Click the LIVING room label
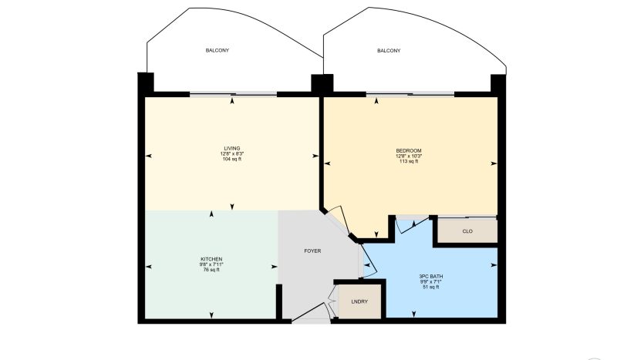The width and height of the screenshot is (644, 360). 232,148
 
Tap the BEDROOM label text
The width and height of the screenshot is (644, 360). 409,150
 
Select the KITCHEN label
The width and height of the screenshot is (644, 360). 211,259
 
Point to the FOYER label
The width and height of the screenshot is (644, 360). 312,251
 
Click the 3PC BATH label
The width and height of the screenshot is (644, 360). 431,276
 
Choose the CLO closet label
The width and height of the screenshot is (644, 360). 467,231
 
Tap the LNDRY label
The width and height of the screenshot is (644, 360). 359,301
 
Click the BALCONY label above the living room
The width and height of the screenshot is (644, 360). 217,50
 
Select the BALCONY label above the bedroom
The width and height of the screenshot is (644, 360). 389,50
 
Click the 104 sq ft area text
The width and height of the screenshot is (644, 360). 232,159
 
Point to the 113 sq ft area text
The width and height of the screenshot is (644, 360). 409,161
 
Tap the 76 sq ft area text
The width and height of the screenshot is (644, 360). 211,270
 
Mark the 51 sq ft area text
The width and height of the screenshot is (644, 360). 431,287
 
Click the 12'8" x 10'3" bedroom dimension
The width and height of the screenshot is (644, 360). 409,156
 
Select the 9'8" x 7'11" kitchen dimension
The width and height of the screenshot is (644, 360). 211,264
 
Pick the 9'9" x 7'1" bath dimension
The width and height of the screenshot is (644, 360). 431,281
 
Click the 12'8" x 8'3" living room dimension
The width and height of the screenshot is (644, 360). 232,153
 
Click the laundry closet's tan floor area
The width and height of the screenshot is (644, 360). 359,301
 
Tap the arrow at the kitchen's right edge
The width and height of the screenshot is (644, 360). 274,267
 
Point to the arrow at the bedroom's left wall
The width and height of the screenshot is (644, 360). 328,163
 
